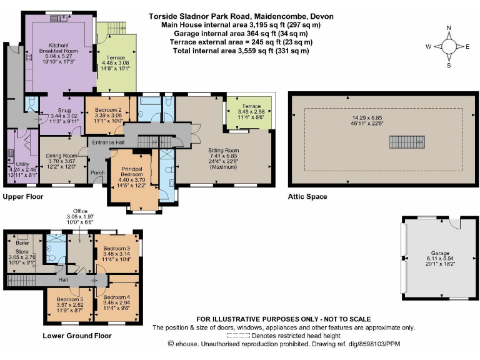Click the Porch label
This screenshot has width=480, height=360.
97,173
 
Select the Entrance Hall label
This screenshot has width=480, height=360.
108,143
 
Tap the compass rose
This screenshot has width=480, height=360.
449,46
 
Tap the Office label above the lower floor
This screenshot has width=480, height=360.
80,211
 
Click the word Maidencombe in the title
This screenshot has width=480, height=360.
280,16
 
